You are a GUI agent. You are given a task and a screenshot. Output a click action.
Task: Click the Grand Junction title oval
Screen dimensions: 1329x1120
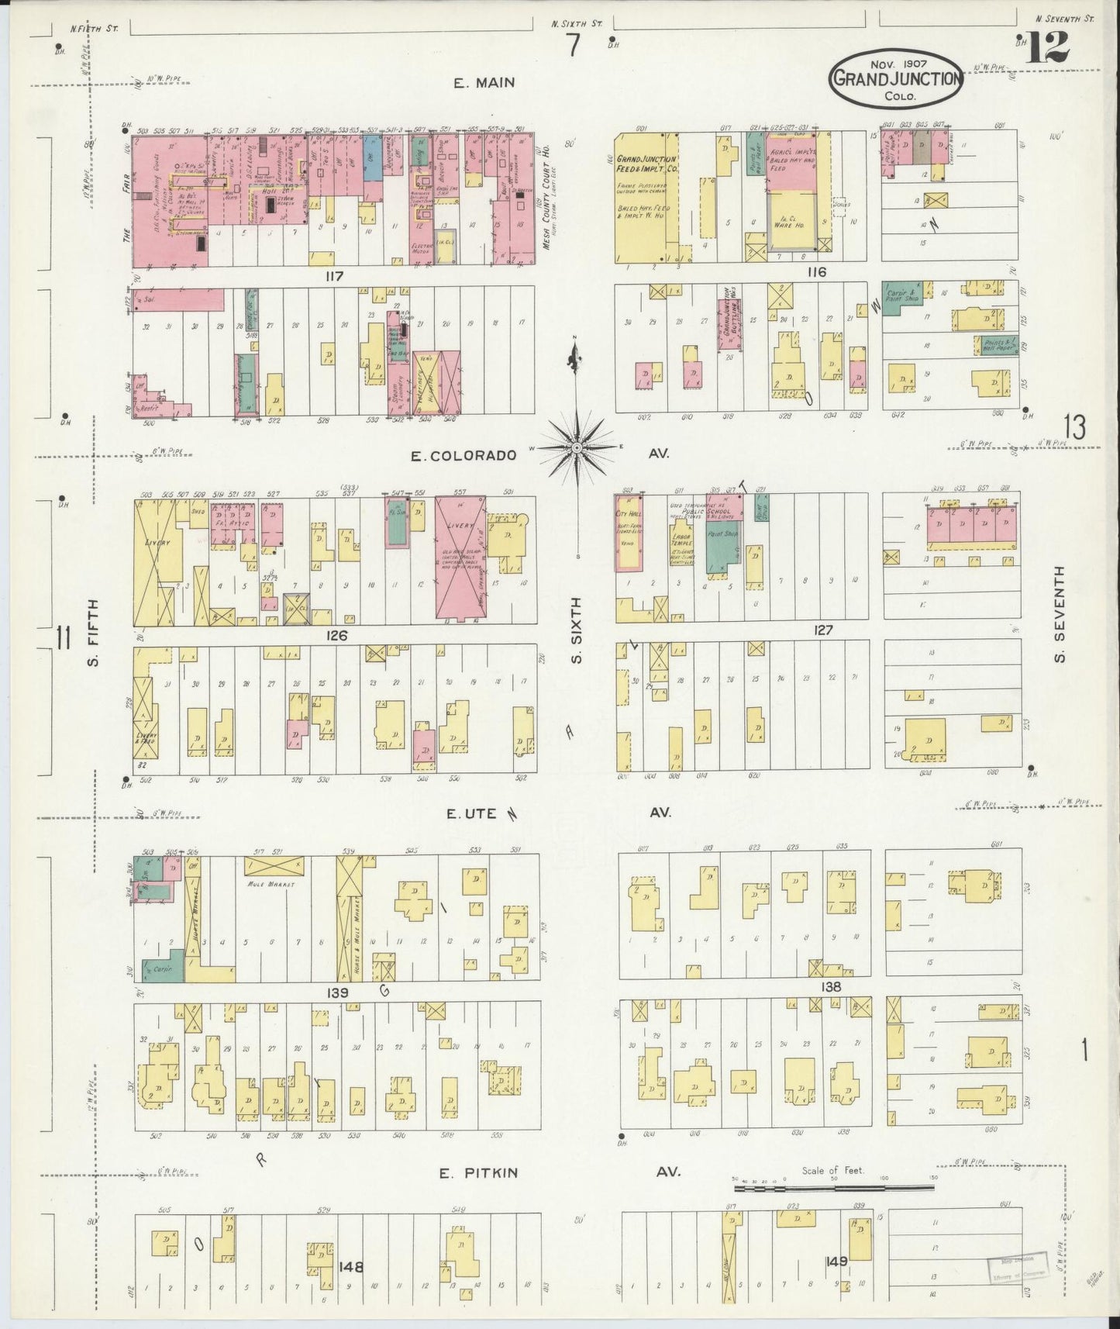pos(897,78)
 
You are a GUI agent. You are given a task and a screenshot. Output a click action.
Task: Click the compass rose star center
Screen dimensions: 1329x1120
pos(577,448)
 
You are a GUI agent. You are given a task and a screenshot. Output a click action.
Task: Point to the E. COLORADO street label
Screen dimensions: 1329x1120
pos(464,456)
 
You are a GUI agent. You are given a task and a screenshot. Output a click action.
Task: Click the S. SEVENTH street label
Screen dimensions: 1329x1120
pos(1060,614)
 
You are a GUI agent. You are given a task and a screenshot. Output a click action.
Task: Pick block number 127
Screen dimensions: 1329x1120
pos(822,630)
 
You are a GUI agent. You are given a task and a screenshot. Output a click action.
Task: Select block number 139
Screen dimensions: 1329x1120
pos(337,992)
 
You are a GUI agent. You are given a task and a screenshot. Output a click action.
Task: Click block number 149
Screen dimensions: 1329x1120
pos(836,1262)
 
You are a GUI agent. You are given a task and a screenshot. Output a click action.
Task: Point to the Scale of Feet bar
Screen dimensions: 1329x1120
pos(833,1187)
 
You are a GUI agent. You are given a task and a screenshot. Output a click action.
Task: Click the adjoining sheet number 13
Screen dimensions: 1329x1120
pos(1073,426)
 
